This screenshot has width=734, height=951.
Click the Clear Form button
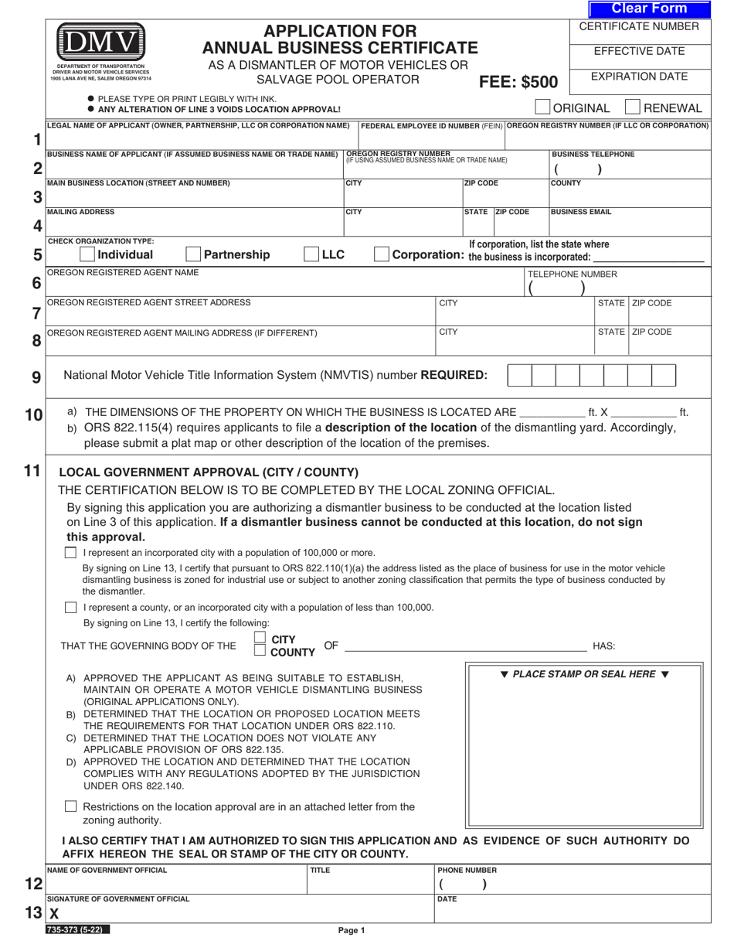649,9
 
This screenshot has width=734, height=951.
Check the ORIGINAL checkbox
542,107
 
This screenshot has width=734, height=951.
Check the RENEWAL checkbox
632,107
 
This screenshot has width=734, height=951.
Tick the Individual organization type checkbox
87,254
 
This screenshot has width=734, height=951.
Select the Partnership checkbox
193,254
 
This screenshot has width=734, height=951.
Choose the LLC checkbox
311,254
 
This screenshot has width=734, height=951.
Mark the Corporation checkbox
381,254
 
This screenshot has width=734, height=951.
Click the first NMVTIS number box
520,375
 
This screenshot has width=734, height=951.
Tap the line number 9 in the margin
36,377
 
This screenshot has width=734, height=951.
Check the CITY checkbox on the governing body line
260,638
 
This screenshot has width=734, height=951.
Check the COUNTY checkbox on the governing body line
260,651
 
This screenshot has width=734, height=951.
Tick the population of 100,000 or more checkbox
71,553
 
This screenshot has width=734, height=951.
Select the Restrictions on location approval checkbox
71,806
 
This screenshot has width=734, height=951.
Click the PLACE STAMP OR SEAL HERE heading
585,674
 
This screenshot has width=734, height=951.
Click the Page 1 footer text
352,931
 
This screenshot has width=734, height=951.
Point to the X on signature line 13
54,913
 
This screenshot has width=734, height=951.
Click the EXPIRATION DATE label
639,77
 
